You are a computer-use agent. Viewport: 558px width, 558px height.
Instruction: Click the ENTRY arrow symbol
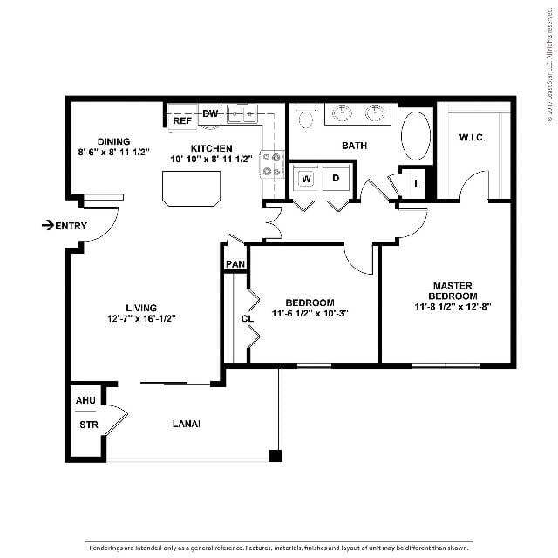point(47,226)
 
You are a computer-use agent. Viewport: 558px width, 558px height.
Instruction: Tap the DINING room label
point(114,141)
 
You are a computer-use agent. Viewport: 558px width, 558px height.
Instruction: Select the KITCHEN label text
point(212,148)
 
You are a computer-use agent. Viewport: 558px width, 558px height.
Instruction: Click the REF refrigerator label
point(181,120)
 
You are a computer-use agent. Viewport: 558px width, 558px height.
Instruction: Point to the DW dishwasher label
point(209,113)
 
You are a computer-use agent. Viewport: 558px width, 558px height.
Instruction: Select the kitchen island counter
point(191,187)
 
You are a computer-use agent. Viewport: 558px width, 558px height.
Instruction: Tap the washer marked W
point(306,179)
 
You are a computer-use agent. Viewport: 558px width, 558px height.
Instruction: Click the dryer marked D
point(336,179)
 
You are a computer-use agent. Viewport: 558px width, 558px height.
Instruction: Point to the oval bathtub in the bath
point(416,135)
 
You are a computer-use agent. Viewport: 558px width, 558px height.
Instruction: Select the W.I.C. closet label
point(472,138)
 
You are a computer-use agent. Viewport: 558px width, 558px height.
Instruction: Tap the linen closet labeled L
point(418,184)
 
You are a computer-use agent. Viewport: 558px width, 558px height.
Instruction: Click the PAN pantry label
point(235,264)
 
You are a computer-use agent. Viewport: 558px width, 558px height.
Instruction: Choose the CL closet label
point(247,318)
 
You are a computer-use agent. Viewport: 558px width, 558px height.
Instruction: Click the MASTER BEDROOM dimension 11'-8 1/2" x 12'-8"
point(453,307)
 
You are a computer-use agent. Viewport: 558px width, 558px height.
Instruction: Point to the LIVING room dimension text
point(140,319)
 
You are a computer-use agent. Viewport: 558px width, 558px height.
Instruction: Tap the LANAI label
point(187,424)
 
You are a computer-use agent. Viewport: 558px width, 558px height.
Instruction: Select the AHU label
point(85,400)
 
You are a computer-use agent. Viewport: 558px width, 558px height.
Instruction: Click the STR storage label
point(87,425)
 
